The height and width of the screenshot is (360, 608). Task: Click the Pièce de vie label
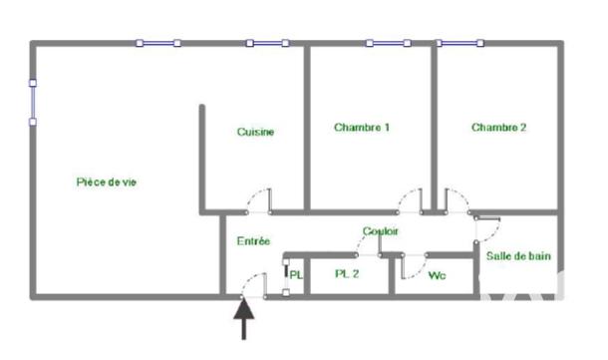tap(106, 182)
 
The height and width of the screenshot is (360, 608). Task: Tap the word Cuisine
tap(255, 133)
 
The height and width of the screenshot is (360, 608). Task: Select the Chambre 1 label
tap(362, 128)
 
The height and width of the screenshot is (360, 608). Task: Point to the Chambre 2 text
tap(498, 128)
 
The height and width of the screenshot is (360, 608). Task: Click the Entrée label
tap(253, 241)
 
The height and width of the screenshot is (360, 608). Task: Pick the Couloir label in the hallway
tap(382, 231)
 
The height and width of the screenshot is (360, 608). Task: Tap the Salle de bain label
tap(517, 256)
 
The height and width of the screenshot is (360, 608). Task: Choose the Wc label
tap(437, 275)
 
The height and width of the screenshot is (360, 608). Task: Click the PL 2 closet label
tap(347, 274)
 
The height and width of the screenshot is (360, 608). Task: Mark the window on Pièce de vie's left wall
tap(33, 102)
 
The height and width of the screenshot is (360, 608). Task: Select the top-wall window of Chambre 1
tap(388, 43)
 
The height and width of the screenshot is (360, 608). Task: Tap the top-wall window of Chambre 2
tap(459, 43)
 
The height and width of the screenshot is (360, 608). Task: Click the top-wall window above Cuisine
tap(266, 43)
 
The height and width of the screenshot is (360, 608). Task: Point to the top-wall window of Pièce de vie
tap(158, 43)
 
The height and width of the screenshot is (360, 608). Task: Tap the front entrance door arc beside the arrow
tap(253, 283)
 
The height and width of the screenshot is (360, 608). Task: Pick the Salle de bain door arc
tap(487, 228)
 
